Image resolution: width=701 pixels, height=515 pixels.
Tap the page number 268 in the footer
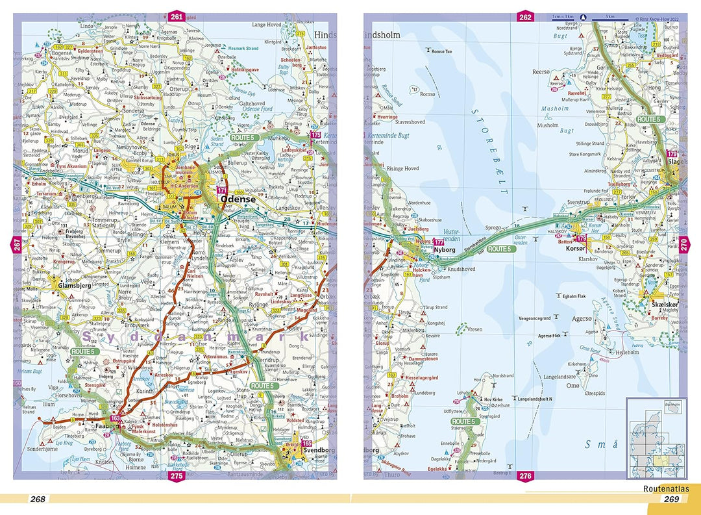tap(38, 499)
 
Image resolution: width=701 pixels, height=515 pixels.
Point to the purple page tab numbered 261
tap(176, 16)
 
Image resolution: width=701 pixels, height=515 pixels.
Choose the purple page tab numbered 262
tap(524, 16)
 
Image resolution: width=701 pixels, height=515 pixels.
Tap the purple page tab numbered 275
tap(176, 476)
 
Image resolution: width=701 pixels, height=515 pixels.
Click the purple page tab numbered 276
tap(524, 476)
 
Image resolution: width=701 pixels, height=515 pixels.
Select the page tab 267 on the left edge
tap(17, 245)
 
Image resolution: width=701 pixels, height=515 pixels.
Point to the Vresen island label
tap(474, 329)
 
